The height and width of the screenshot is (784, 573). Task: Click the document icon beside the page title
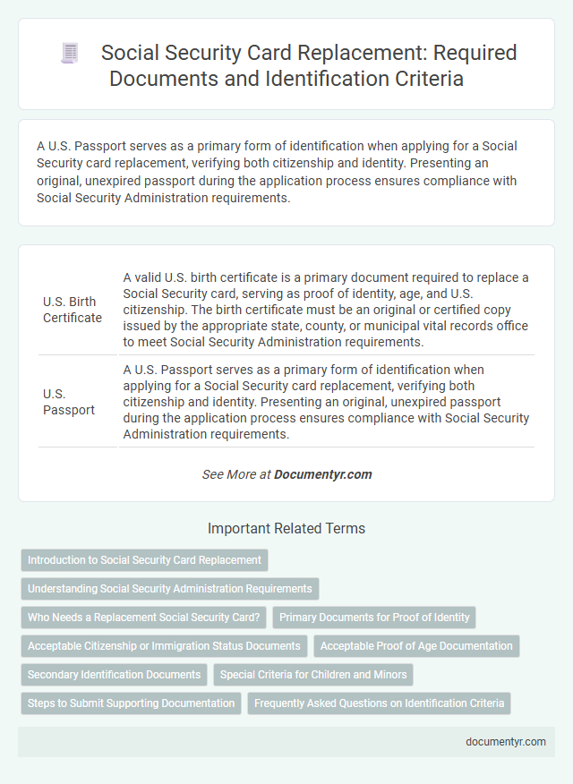(x=70, y=54)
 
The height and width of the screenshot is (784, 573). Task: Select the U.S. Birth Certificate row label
(x=73, y=309)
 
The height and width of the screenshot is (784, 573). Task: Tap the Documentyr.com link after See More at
(x=323, y=474)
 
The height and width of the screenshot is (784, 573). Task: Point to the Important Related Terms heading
(x=286, y=528)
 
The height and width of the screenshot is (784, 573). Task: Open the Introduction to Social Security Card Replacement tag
(x=144, y=560)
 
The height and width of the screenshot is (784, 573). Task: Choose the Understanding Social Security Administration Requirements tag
(x=170, y=589)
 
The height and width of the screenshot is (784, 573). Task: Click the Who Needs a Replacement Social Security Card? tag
(x=143, y=618)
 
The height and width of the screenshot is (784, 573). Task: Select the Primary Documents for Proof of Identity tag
(x=374, y=618)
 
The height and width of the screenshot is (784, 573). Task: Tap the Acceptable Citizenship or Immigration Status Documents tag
(x=164, y=646)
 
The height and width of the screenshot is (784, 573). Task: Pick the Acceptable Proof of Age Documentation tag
(x=416, y=646)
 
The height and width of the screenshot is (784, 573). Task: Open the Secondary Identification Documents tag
(x=114, y=675)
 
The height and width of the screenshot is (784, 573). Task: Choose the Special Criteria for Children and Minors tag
(x=313, y=675)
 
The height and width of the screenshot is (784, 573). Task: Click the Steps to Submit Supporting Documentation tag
(x=131, y=703)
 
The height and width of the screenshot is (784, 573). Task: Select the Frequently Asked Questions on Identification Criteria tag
(x=379, y=703)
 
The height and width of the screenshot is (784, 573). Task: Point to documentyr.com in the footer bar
(x=505, y=741)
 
